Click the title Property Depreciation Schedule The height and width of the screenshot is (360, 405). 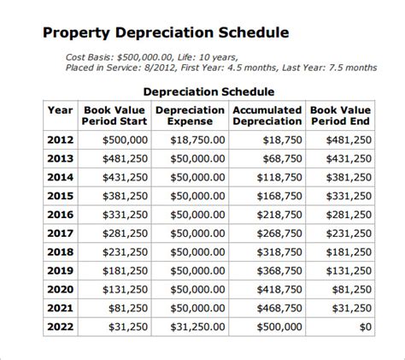click(x=166, y=33)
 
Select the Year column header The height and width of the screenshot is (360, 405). click(x=60, y=110)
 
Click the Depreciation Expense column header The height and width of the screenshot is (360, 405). click(x=190, y=115)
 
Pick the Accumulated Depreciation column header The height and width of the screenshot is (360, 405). click(x=267, y=115)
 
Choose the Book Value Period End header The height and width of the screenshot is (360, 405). click(x=341, y=115)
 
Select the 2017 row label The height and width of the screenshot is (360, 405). click(x=60, y=233)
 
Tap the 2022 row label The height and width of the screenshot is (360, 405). click(x=60, y=326)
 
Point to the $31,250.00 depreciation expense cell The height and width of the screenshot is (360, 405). click(x=197, y=326)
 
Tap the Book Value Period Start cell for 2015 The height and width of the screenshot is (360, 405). click(x=124, y=196)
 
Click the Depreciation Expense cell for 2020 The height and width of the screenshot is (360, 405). click(x=197, y=288)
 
